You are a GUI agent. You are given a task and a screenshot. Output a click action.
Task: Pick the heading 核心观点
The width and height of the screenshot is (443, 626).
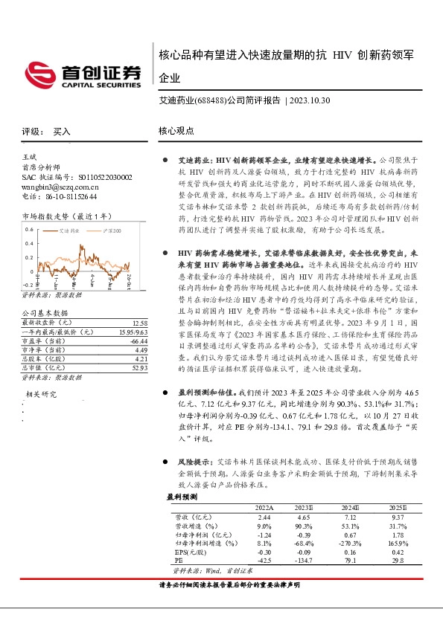pos(176,131)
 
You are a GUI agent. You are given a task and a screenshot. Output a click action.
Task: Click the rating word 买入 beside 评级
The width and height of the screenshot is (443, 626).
pos(61,132)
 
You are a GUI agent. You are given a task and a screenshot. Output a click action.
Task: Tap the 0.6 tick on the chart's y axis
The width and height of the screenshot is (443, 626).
pos(29,229)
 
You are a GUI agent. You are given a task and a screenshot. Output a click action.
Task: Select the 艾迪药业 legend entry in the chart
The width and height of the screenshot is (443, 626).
pos(70,232)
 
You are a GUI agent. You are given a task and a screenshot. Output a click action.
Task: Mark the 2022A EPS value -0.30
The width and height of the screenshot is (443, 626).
pos(264,552)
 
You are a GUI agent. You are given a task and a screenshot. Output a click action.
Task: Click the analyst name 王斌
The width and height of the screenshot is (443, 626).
pos(30,158)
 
